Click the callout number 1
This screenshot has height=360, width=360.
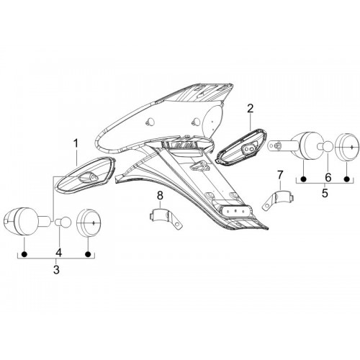point(76,143)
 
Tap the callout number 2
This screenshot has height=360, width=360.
point(250,109)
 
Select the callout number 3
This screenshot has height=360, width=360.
point(56,269)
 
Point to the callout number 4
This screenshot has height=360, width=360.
point(58,253)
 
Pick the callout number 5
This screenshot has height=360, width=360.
point(325,193)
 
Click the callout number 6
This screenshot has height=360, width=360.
point(328,178)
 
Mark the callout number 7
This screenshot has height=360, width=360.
point(280,175)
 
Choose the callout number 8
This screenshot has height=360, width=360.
point(160,196)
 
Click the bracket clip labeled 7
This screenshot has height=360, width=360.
point(279,199)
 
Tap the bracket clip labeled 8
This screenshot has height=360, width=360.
point(166,217)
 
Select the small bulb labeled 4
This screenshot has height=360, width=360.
point(63,221)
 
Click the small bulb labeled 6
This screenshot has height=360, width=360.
point(325,146)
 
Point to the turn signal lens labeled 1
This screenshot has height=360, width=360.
point(86,174)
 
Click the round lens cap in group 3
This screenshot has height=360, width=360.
point(89,222)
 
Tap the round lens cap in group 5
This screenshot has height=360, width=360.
point(347,147)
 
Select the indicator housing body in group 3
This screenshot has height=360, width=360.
point(27,221)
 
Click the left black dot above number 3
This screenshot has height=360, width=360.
point(24,254)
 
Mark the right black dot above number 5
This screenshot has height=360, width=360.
point(346,179)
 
